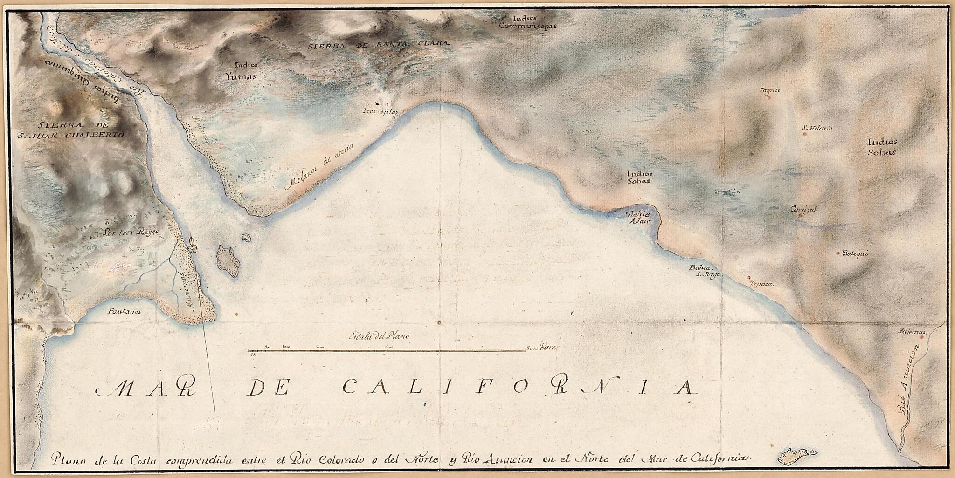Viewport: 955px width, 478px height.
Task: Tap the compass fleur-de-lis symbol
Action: click(x=192, y=243)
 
